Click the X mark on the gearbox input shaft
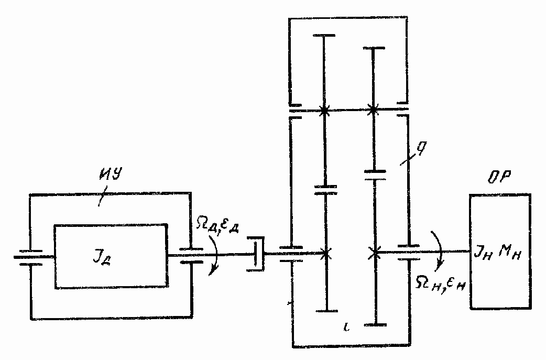(x=325, y=254)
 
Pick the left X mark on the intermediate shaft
(x=324, y=111)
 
